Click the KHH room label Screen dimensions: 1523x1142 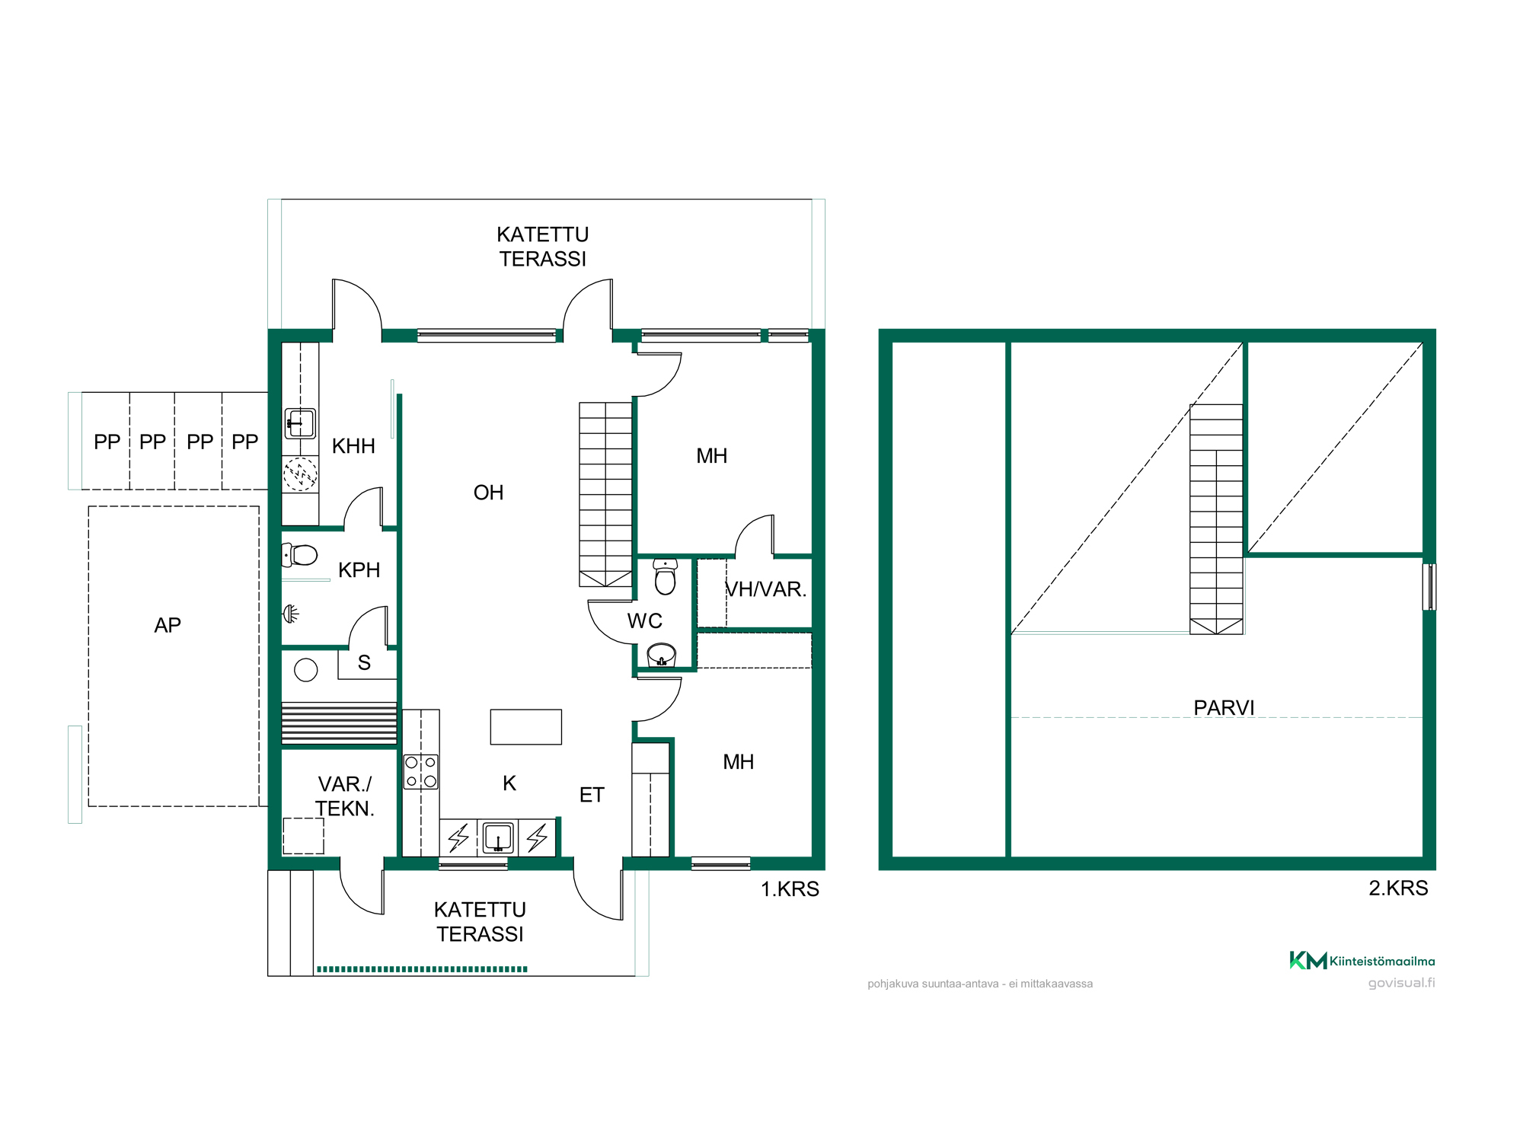[353, 446]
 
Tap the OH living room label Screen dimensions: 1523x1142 [488, 493]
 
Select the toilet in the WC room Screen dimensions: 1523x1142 [665, 576]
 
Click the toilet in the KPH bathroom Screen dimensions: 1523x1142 [300, 555]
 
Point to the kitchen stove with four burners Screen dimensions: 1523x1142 [420, 771]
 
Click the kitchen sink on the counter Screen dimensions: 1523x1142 [498, 837]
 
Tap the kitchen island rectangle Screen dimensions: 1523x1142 [525, 726]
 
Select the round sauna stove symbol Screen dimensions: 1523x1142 [306, 670]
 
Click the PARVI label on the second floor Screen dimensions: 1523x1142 [1224, 708]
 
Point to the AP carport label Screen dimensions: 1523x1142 [168, 625]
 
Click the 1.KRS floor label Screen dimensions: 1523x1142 [790, 889]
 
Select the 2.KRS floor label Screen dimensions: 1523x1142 [1398, 888]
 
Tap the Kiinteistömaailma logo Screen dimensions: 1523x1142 [1362, 961]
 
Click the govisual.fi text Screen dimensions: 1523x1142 [1401, 983]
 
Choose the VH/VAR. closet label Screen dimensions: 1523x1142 [765, 589]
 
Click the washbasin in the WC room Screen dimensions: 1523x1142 [661, 655]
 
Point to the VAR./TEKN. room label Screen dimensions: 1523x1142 [345, 796]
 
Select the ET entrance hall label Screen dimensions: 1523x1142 [592, 795]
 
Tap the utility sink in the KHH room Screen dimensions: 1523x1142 [300, 423]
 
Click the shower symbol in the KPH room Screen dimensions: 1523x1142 [290, 613]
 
